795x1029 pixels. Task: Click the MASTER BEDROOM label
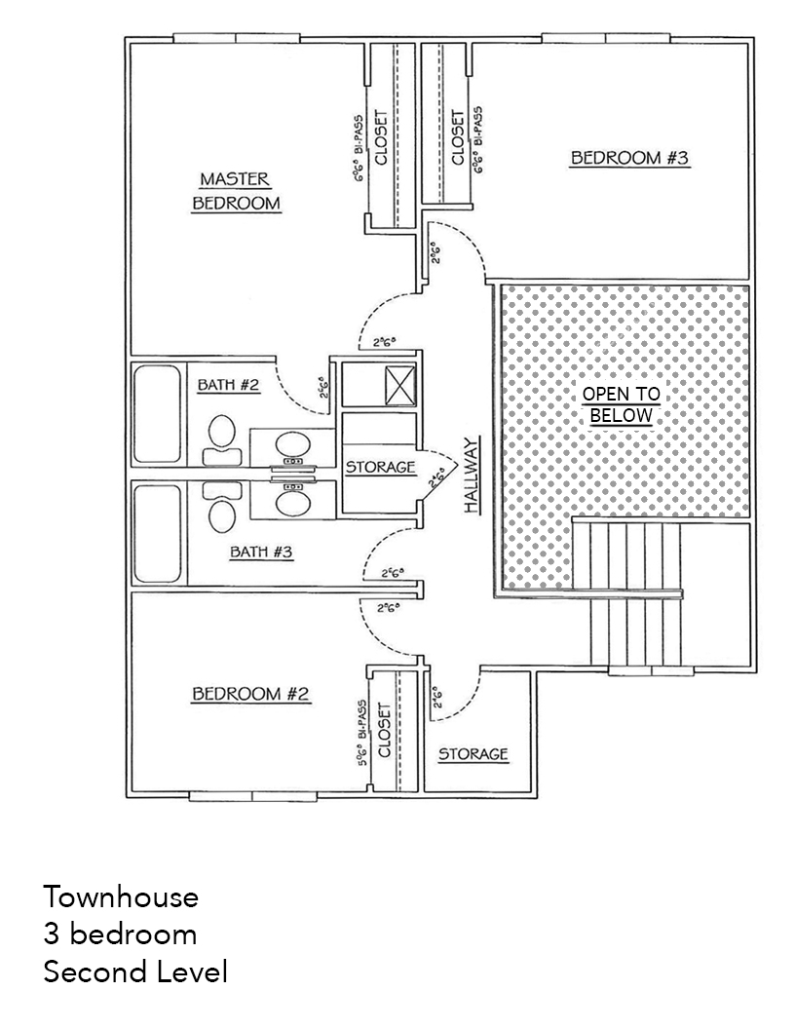(236, 191)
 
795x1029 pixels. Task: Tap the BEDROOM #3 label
(630, 158)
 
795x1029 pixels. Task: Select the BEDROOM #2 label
(250, 694)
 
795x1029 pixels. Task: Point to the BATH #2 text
(229, 385)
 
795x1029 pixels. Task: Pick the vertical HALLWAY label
(473, 476)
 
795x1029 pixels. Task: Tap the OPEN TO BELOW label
(621, 404)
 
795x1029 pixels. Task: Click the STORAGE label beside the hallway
(381, 468)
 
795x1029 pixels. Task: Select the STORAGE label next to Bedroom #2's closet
(473, 754)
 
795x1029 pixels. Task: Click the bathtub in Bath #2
(158, 413)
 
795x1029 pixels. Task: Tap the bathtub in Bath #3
(158, 533)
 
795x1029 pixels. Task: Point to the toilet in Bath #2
(222, 438)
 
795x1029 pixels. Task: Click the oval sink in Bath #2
(291, 446)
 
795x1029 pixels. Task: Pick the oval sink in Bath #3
(291, 503)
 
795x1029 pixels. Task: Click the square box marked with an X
(400, 384)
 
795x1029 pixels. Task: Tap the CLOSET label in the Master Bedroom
(381, 139)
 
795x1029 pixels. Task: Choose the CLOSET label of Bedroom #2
(384, 731)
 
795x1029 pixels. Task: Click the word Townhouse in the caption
(121, 896)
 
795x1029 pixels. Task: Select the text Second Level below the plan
(135, 972)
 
